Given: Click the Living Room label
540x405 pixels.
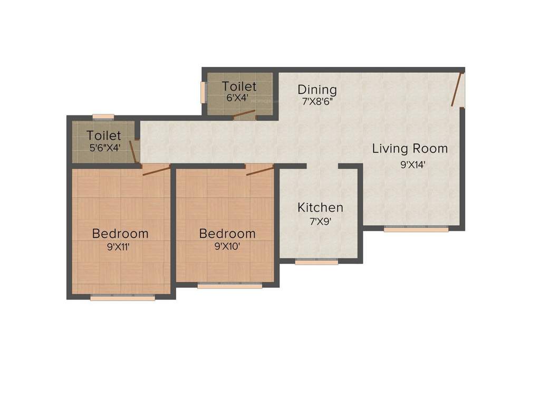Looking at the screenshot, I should click(410, 149).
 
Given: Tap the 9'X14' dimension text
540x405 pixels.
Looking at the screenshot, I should click(413, 165).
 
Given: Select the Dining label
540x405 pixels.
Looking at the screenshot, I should click(317, 89).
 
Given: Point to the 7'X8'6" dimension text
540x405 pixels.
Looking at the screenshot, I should click(317, 102).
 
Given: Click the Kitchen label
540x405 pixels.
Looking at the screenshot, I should click(320, 207).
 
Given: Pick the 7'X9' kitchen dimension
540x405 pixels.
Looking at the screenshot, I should click(320, 221).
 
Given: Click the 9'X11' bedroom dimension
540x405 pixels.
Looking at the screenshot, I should click(120, 246).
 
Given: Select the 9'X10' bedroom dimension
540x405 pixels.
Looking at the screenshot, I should click(227, 246).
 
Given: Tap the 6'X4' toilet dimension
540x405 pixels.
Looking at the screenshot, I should click(238, 98).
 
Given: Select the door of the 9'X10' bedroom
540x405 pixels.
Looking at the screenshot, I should click(259, 169).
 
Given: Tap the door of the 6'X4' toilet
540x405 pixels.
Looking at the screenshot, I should click(244, 114).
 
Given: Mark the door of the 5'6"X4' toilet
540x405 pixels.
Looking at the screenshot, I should click(134, 152).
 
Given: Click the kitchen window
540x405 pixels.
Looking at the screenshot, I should click(316, 262).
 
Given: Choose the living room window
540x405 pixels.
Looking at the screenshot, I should click(416, 229).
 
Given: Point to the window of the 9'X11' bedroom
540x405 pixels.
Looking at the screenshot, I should click(122, 298).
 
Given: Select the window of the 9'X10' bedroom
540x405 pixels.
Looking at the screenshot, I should click(230, 286).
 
